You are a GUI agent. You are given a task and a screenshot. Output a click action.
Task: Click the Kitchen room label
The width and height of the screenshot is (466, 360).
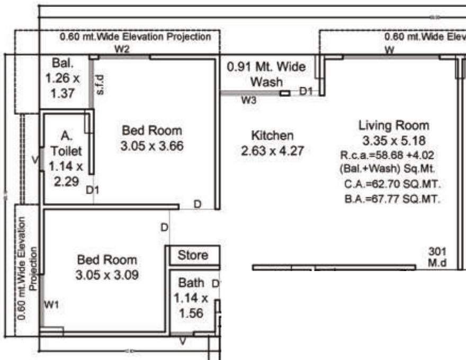(272, 135)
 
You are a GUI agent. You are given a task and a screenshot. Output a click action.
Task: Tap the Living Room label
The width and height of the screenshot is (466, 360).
(394, 125)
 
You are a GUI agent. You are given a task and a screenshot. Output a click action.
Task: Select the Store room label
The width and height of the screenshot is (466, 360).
(193, 255)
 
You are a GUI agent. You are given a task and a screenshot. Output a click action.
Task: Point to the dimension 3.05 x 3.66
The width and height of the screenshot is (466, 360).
(152, 146)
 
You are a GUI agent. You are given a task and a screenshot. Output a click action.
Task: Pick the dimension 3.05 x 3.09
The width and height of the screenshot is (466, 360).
(107, 276)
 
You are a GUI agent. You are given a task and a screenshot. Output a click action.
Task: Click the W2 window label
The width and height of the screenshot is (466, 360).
(122, 49)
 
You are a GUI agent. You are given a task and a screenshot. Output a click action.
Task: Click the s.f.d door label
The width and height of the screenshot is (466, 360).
(101, 85)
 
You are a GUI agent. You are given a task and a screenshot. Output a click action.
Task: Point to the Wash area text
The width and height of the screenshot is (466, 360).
(266, 83)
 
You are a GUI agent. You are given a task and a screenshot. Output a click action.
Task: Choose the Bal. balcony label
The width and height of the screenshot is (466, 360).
(62, 63)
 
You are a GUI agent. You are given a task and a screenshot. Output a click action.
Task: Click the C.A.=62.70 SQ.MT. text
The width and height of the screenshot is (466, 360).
(392, 185)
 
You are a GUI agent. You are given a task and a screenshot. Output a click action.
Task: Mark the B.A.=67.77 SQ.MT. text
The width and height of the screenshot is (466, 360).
(392, 199)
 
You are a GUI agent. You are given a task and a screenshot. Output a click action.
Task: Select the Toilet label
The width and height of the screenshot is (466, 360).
(67, 151)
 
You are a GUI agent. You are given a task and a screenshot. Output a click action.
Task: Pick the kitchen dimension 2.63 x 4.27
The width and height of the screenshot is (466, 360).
(272, 151)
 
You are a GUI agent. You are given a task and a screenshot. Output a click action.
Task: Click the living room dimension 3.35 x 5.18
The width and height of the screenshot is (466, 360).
(394, 141)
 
